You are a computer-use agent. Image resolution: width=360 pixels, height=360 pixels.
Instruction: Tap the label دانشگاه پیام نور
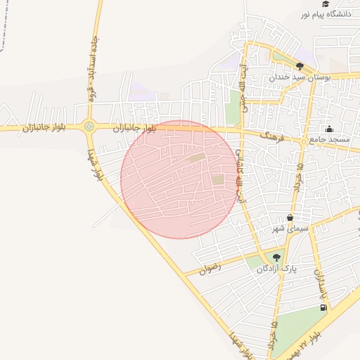pos(326,14)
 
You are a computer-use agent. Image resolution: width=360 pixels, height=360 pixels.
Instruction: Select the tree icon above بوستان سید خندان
pos(300,66)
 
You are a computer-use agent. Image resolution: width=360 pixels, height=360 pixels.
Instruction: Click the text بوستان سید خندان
pos(299,77)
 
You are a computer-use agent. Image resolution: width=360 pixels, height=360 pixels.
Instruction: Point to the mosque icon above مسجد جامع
pos(329,129)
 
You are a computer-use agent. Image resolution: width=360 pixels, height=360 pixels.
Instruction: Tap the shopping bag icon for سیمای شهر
pos(290,218)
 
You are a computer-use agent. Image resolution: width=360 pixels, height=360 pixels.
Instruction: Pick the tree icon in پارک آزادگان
pos(276,257)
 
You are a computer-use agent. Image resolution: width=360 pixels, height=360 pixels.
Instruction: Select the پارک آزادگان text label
pos(276,269)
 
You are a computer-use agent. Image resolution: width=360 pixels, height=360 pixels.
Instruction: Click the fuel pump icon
pos(323,307)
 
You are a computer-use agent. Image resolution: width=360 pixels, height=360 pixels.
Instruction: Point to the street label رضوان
pos(210,267)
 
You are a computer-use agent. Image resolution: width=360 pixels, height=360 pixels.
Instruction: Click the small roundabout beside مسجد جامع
pos(303,141)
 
